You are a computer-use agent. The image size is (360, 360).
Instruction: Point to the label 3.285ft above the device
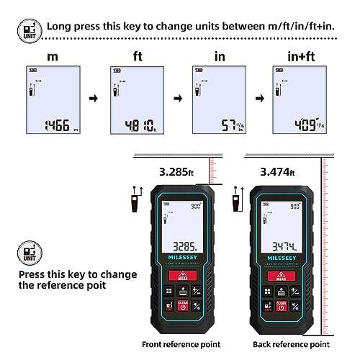point(176,172)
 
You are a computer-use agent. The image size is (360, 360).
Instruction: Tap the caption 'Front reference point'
point(172,344)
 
